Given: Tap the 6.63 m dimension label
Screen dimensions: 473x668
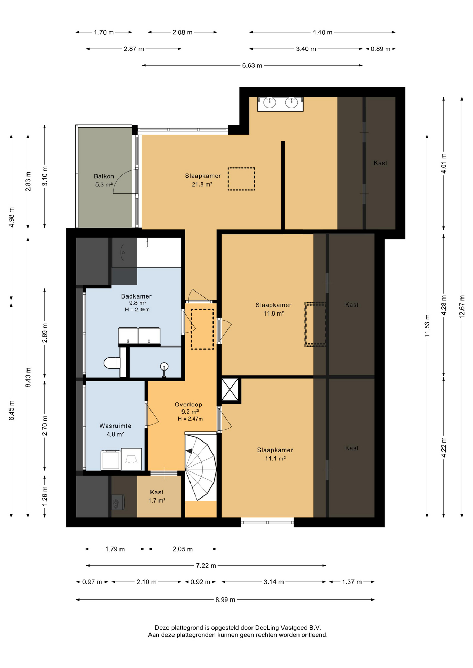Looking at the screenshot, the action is tap(252, 65).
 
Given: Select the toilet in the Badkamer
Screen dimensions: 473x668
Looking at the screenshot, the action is tap(112, 363).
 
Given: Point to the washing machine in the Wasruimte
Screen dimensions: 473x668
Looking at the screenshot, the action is tap(111, 460).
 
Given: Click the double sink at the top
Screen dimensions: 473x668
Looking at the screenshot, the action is tap(280, 104).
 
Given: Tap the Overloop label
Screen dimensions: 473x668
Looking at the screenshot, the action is tap(188, 404).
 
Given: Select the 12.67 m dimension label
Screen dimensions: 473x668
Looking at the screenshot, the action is tap(462, 307).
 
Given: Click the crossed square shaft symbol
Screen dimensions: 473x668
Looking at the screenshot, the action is tap(230, 390).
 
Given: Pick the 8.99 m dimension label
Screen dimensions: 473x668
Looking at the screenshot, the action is tap(225, 599).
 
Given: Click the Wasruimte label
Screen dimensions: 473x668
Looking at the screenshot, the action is tap(115, 426).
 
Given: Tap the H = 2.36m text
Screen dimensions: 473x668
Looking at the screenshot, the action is tap(137, 309).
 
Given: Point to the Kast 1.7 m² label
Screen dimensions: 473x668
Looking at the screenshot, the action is tap(157, 496).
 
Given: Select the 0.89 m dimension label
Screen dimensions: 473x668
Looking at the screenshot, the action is tap(380, 49).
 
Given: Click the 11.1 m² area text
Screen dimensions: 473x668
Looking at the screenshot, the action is tap(276, 458).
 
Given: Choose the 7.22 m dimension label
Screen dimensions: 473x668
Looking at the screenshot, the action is tap(206, 565).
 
